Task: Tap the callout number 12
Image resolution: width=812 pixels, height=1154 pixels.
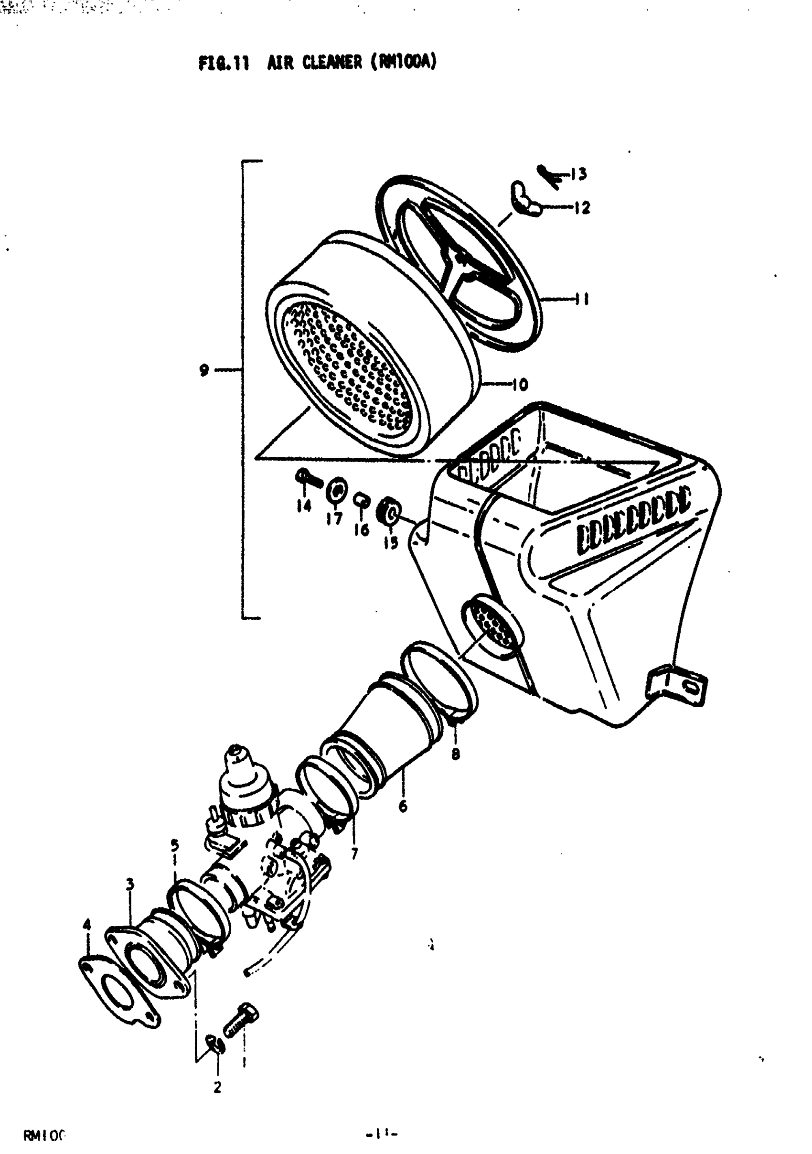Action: click(582, 207)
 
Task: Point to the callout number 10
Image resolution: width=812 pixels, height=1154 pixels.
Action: click(520, 385)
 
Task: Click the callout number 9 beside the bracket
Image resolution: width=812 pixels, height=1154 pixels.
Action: click(203, 370)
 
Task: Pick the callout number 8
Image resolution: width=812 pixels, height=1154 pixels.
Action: click(455, 754)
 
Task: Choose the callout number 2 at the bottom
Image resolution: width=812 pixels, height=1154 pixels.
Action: click(217, 1087)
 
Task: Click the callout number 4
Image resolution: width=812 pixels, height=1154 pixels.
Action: click(87, 924)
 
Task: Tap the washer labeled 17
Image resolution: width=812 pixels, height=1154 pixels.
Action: click(337, 489)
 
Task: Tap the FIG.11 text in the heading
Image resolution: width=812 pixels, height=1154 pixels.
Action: click(224, 64)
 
